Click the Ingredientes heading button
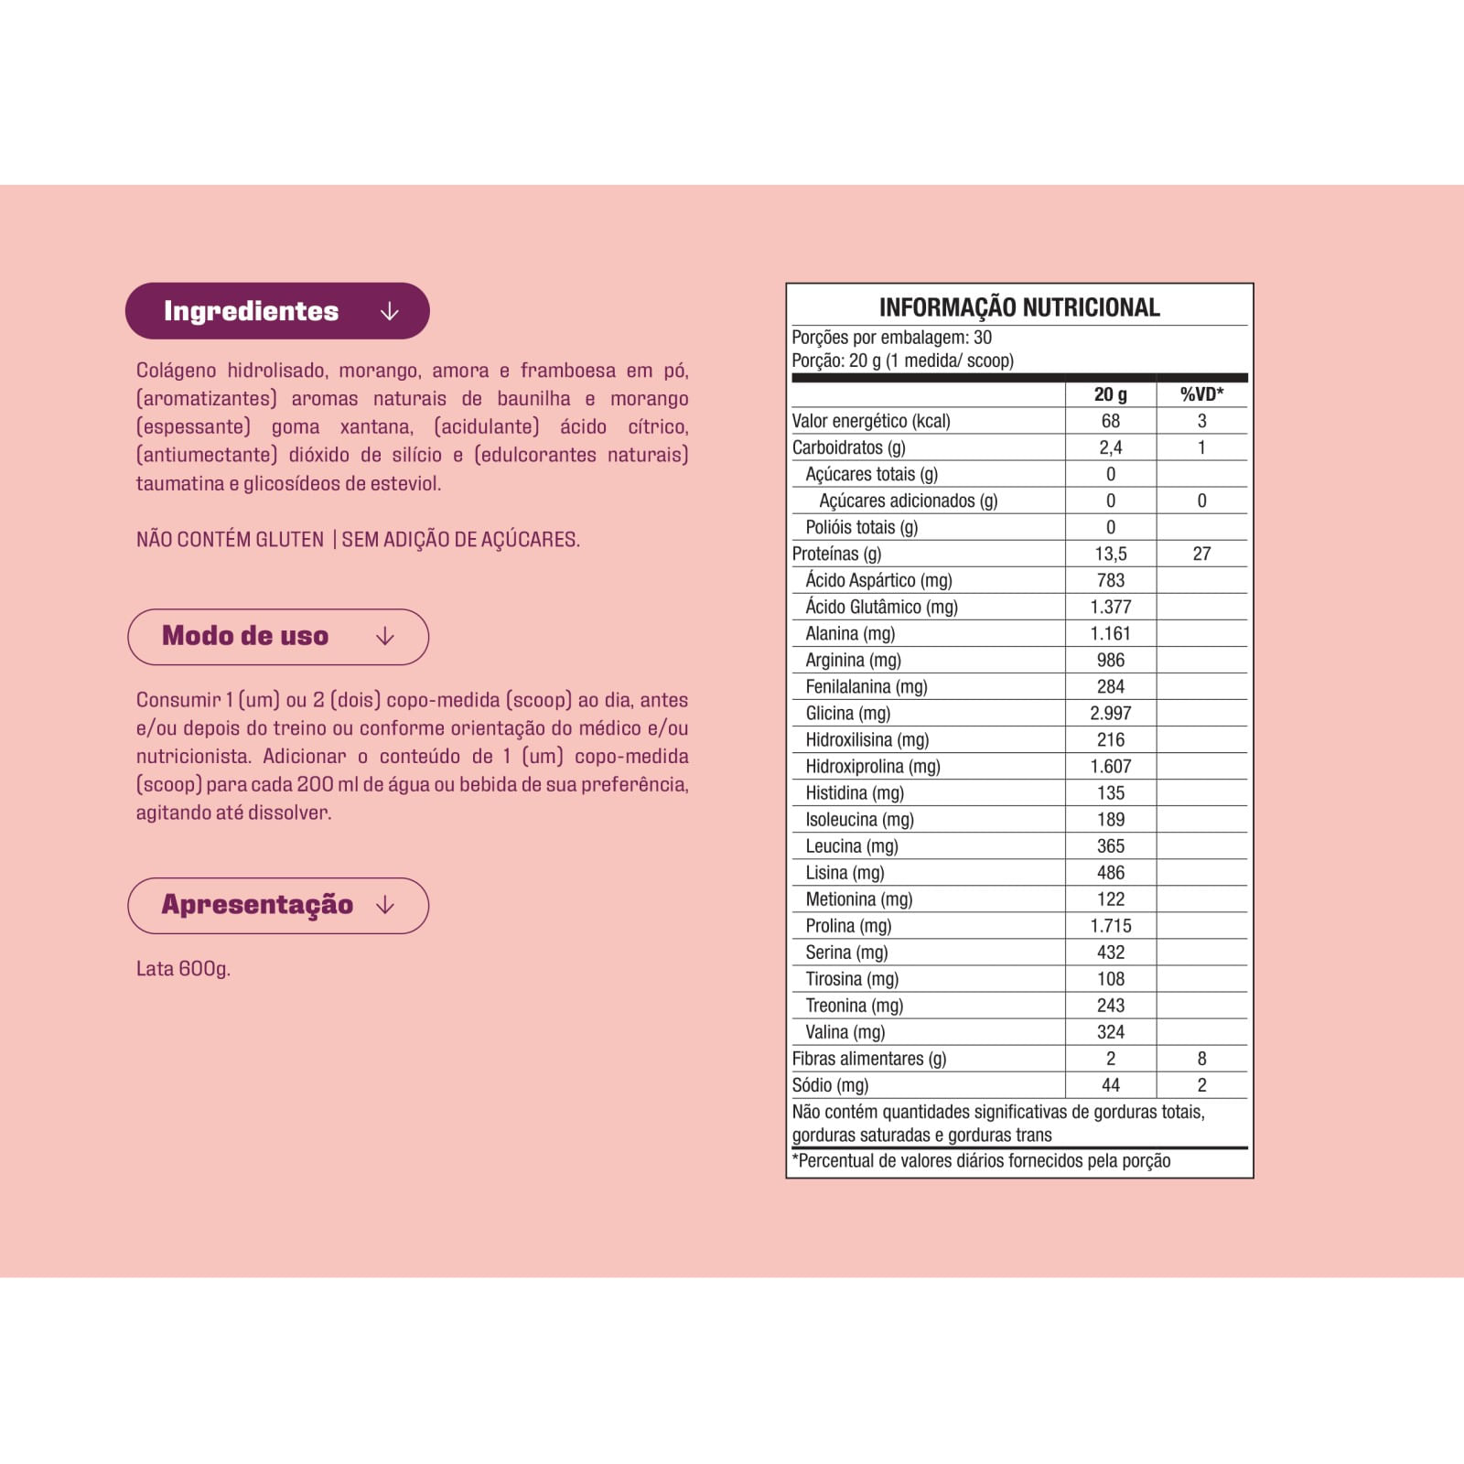[276, 311]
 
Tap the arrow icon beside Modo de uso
[385, 637]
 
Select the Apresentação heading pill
[277, 906]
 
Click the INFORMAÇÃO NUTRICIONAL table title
[1019, 307]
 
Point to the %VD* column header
[1201, 394]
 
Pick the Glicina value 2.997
[1110, 713]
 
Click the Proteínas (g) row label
[837, 554]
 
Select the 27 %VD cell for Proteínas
[1201, 554]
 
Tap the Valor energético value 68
[1110, 421]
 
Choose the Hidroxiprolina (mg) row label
[873, 766]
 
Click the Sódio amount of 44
[1110, 1085]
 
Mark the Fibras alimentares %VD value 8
[1201, 1059]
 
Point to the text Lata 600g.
[183, 969]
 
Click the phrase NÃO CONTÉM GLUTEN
[230, 540]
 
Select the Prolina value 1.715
[1110, 926]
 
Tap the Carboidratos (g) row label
[848, 447]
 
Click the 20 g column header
[1110, 394]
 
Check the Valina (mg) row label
[845, 1032]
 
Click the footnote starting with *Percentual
[981, 1161]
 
